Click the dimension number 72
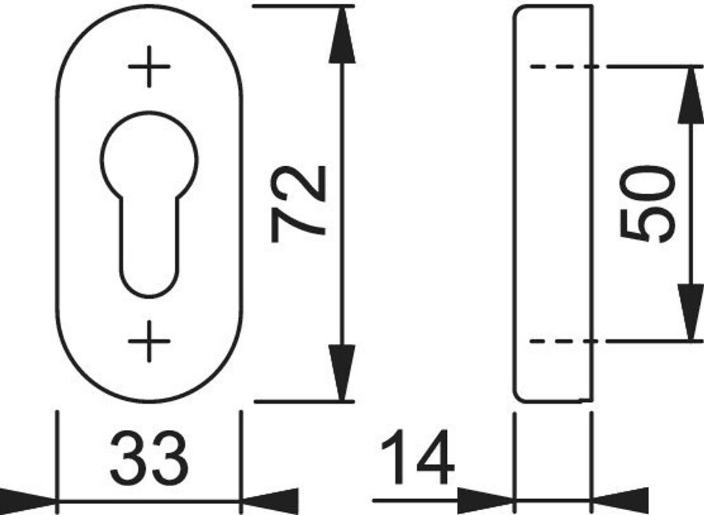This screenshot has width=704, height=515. click(x=298, y=203)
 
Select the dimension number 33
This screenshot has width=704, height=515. click(x=148, y=457)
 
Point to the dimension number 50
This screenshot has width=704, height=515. click(x=646, y=203)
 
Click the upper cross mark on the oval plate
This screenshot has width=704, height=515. click(x=149, y=67)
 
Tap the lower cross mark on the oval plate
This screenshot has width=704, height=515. click(x=149, y=341)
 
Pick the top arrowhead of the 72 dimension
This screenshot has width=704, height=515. click(x=342, y=34)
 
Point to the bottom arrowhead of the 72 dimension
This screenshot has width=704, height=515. click(x=342, y=374)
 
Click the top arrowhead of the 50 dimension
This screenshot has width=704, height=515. click(x=690, y=96)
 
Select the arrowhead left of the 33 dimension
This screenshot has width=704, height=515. click(x=27, y=501)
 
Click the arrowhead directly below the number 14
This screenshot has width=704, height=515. click(x=485, y=501)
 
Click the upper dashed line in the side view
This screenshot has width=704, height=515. click(x=560, y=67)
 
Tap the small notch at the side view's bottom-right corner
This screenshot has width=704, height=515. click(x=588, y=400)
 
